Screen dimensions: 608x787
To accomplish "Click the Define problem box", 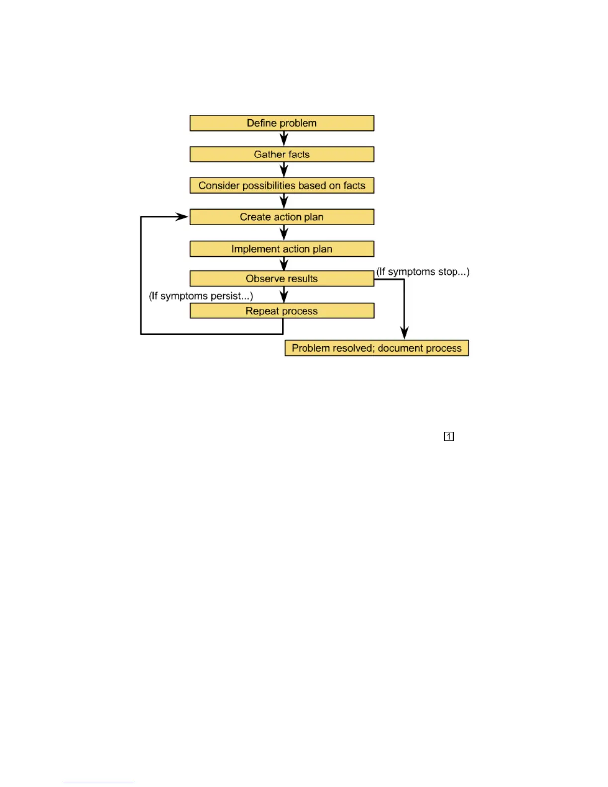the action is click(x=282, y=123).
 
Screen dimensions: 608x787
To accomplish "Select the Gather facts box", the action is click(x=282, y=155).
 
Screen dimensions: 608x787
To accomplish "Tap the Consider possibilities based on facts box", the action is click(x=282, y=186).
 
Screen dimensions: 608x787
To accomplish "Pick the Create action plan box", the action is click(x=282, y=217).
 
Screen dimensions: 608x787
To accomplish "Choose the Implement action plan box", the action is click(x=282, y=249).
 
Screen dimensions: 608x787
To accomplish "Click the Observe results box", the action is click(x=282, y=279).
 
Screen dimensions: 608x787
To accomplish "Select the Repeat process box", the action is click(x=282, y=311).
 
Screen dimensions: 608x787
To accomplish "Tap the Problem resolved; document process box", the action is click(x=377, y=348).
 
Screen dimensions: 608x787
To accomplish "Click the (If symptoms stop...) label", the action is click(x=423, y=272).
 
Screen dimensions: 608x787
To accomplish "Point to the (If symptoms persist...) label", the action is click(x=201, y=296).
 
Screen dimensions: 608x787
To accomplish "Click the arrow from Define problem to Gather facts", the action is click(x=284, y=139).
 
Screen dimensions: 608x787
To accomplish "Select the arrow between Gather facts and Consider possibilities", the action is click(x=284, y=170).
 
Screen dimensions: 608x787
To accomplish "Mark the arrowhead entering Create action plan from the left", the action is click(x=182, y=217).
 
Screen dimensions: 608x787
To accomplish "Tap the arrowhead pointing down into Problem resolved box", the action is click(x=404, y=333).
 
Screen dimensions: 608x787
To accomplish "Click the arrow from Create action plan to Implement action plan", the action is click(x=284, y=233).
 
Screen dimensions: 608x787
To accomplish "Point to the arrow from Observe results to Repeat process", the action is click(x=284, y=295).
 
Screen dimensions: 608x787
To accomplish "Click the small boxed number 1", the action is click(x=449, y=437).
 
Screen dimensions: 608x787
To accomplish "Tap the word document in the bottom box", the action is click(x=397, y=348).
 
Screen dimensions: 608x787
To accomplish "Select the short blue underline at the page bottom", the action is click(x=98, y=783).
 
